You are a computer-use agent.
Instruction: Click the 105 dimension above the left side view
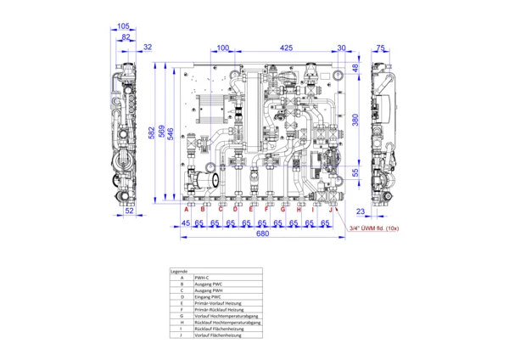[x=124, y=27]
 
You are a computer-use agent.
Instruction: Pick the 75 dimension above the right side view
[x=381, y=48]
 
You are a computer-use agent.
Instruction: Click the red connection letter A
[x=187, y=209]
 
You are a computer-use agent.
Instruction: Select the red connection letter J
[x=331, y=209]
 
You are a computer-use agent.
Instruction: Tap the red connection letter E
[x=251, y=209]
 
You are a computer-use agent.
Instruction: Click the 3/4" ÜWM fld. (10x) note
[x=375, y=228]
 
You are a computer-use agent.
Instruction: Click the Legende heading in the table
[x=179, y=271]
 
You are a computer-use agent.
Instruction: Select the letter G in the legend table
[x=182, y=316]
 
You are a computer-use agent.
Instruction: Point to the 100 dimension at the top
[x=222, y=48]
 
